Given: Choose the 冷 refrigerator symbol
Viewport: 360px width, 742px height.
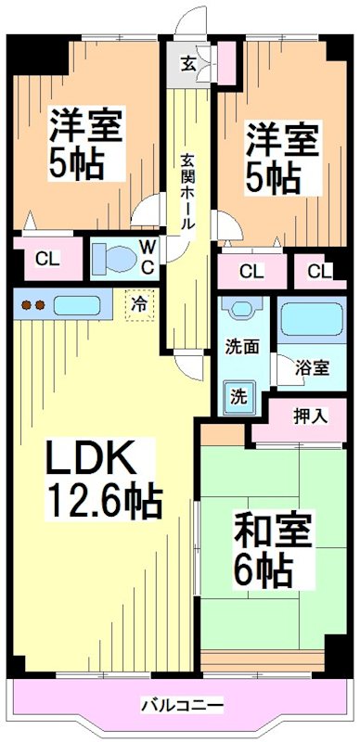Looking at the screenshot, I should click(x=138, y=302).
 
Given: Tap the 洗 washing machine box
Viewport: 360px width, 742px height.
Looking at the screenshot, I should click(x=238, y=396).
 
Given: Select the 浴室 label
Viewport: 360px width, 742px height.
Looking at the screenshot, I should click(x=312, y=367).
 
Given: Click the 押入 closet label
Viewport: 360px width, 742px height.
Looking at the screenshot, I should click(x=311, y=415).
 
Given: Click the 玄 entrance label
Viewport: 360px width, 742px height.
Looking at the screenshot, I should click(x=187, y=64).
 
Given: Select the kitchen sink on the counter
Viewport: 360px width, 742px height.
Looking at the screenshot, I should click(x=71, y=304).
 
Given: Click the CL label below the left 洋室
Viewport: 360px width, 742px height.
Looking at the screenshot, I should click(x=47, y=259).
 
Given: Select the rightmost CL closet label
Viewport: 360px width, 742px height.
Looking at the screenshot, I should click(x=318, y=271).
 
